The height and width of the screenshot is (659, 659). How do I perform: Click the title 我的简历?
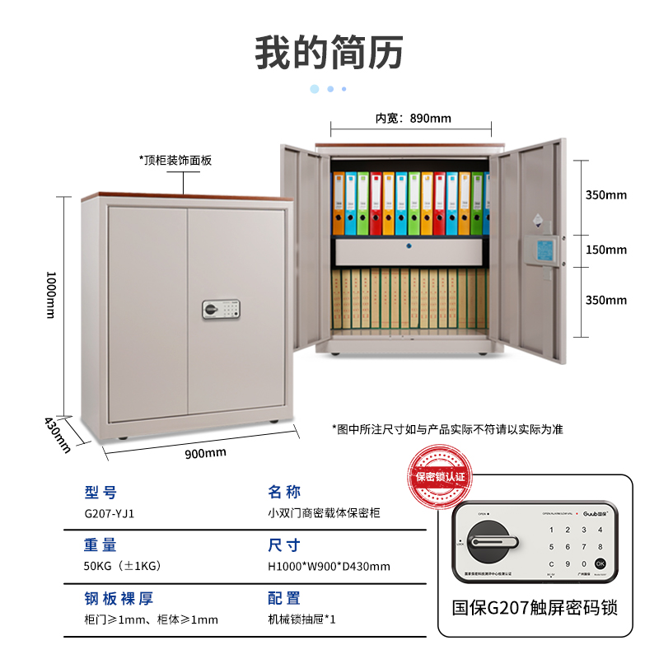click(x=329, y=52)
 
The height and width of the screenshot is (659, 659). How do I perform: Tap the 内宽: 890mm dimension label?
click(x=414, y=118)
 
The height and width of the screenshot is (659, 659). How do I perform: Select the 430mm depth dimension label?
click(x=58, y=435)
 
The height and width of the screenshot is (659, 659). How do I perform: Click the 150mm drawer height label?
click(x=605, y=250)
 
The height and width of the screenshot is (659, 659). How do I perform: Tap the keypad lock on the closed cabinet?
click(x=221, y=310)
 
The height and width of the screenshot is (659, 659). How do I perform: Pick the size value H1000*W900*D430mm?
click(x=329, y=566)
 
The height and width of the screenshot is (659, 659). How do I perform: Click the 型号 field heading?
click(x=100, y=493)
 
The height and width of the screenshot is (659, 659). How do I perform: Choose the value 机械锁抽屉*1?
click(x=301, y=619)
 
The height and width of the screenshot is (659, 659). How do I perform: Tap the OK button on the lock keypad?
click(x=600, y=563)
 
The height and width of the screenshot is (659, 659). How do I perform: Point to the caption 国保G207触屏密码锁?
click(x=535, y=608)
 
